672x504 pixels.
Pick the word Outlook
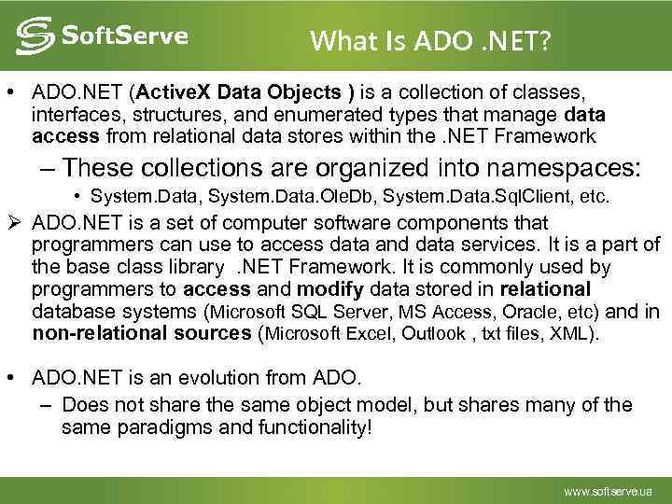[x=433, y=334]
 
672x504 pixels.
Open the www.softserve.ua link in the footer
[x=608, y=490]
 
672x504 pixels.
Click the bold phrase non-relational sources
[x=140, y=333]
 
